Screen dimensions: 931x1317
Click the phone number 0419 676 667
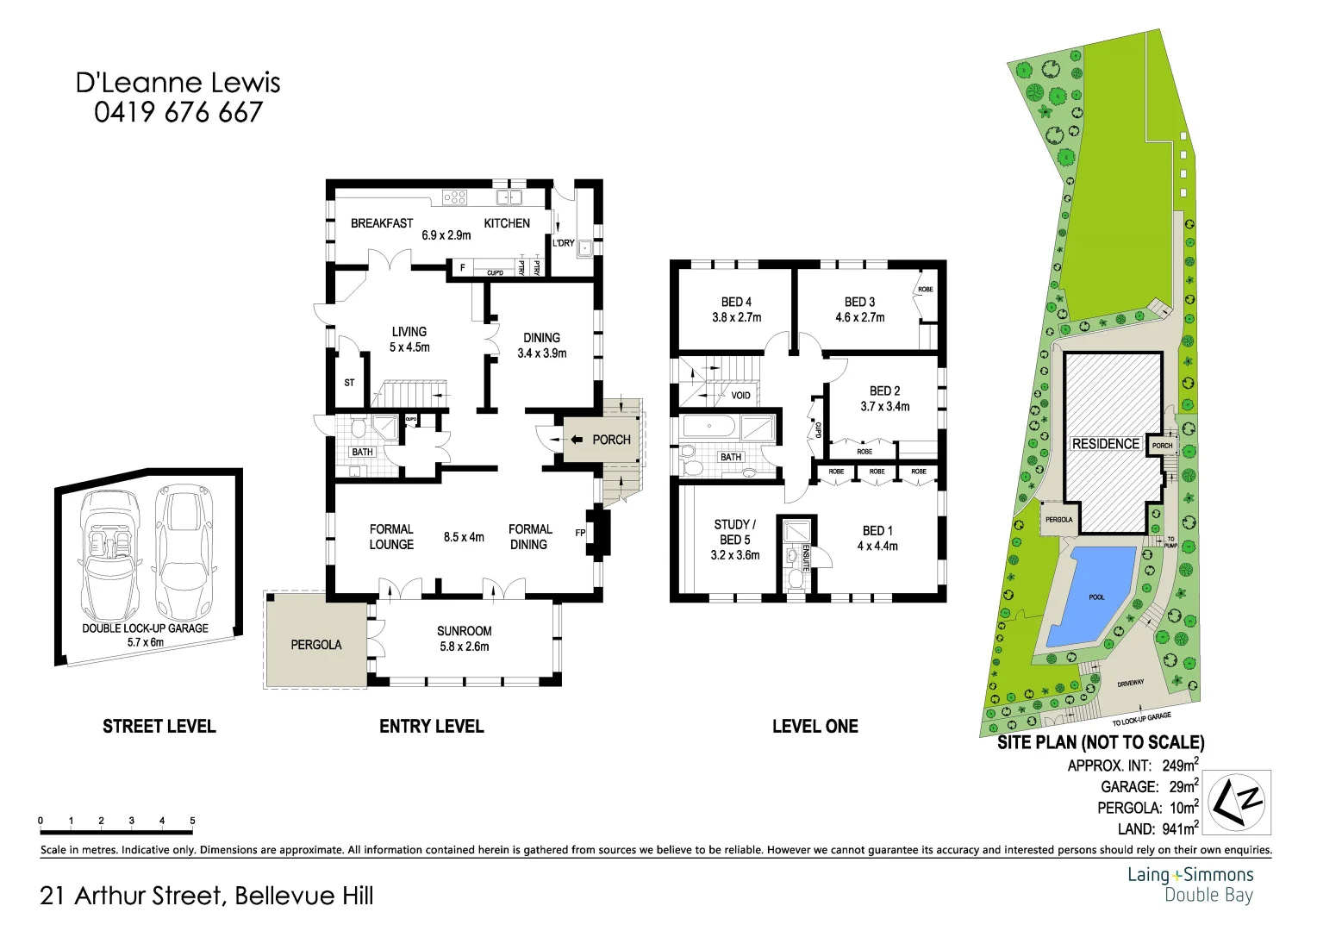coord(178,112)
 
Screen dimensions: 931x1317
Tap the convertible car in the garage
coord(109,552)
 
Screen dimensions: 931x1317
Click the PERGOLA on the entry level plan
coord(315,645)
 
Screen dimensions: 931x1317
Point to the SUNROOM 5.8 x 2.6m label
coord(464,639)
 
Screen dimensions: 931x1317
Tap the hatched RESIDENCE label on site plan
coord(1105,444)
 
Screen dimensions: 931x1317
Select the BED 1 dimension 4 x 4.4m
coord(877,546)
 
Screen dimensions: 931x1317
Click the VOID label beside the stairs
coord(740,396)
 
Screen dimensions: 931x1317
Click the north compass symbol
coord(1236,803)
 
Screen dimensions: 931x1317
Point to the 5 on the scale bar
coord(192,821)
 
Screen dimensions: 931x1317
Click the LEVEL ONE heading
coord(815,727)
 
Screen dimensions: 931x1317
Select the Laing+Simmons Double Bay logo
coord(1190,884)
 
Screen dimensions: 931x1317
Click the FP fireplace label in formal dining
coord(580,533)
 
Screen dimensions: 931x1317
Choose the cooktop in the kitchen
coord(454,197)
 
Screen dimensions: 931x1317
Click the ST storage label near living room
coord(349,383)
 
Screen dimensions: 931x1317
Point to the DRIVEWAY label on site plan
coord(1130,684)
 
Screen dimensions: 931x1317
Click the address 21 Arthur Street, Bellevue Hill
coord(207,896)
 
